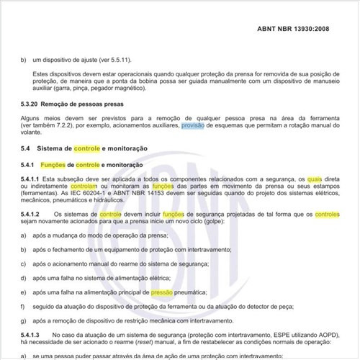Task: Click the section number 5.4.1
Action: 30,166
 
